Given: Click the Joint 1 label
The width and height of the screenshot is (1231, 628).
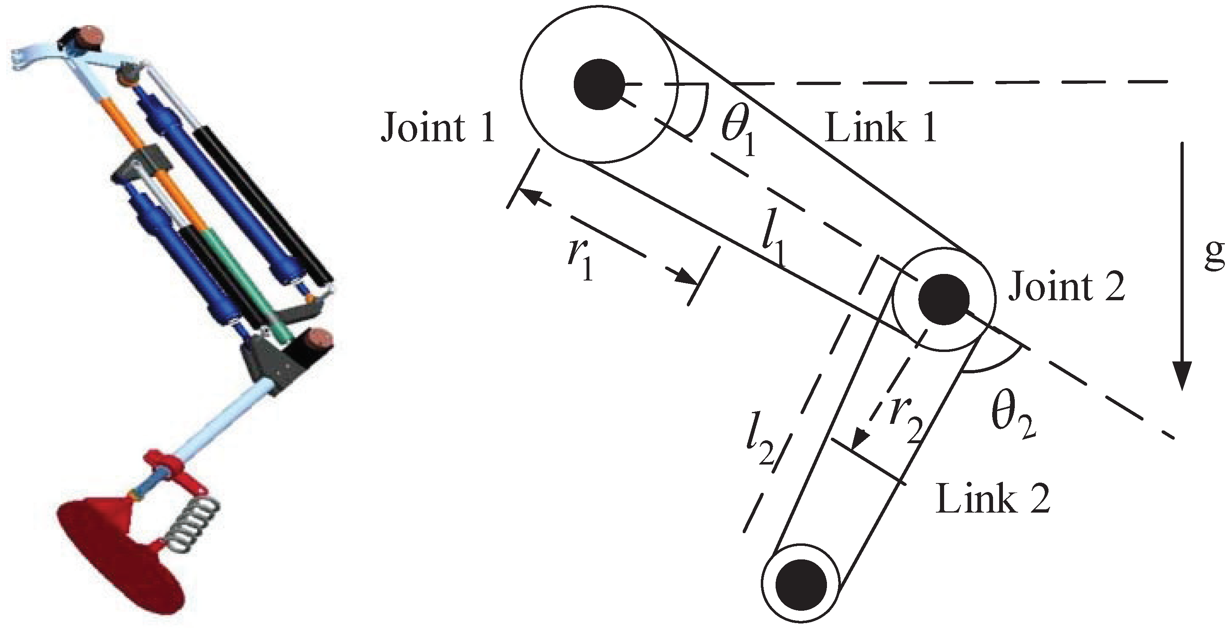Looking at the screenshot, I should [x=438, y=128].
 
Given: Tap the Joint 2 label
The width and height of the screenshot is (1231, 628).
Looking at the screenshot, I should [x=1067, y=287].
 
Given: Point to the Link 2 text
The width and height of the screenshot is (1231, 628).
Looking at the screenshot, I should [x=993, y=499].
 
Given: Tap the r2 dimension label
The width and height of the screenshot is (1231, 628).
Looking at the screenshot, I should [x=904, y=420].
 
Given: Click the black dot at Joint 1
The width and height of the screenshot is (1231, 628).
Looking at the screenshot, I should [x=599, y=84].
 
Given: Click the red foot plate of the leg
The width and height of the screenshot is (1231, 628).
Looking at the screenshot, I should [x=120, y=559].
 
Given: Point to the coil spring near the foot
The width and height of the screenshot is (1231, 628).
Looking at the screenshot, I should [x=191, y=525].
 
